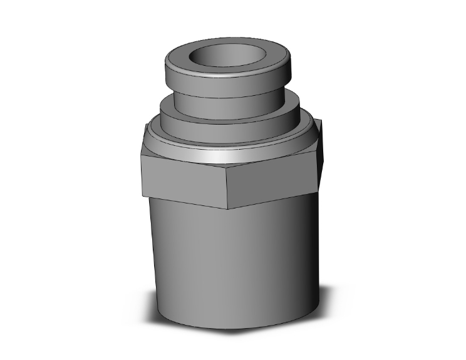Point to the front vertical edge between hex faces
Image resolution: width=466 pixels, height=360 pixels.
point(227,188)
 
